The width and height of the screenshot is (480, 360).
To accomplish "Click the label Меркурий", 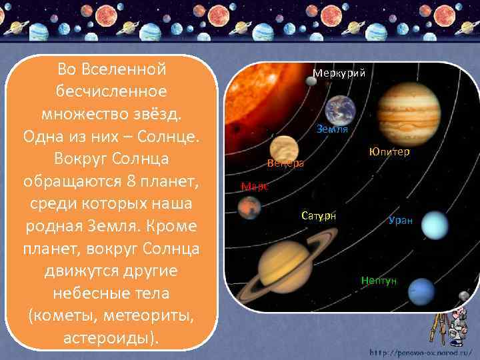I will coord(339,73).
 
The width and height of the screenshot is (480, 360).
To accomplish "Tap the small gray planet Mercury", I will coord(311,81).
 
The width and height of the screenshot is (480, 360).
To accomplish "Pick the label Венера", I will coord(285,163).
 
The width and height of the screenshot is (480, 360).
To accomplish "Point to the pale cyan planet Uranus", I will coord(436,225).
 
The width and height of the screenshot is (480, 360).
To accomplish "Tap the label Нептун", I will coord(379,280).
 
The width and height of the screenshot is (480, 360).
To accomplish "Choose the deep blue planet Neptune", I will coord(421,291).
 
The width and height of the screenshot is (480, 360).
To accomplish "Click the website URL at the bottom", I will coord(421,351).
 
